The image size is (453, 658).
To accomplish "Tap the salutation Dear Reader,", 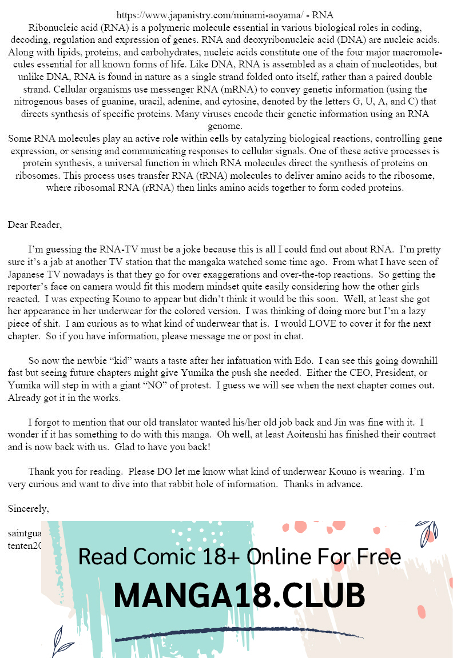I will pyautogui.click(x=34, y=224).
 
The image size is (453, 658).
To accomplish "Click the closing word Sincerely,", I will pyautogui.click(x=28, y=509).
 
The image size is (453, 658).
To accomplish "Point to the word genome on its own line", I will pyautogui.click(x=227, y=126).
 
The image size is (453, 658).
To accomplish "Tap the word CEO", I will pyautogui.click(x=335, y=374).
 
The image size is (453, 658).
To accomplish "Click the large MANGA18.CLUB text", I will pyautogui.click(x=239, y=596).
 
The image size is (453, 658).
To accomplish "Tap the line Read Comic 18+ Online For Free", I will pyautogui.click(x=239, y=556).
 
